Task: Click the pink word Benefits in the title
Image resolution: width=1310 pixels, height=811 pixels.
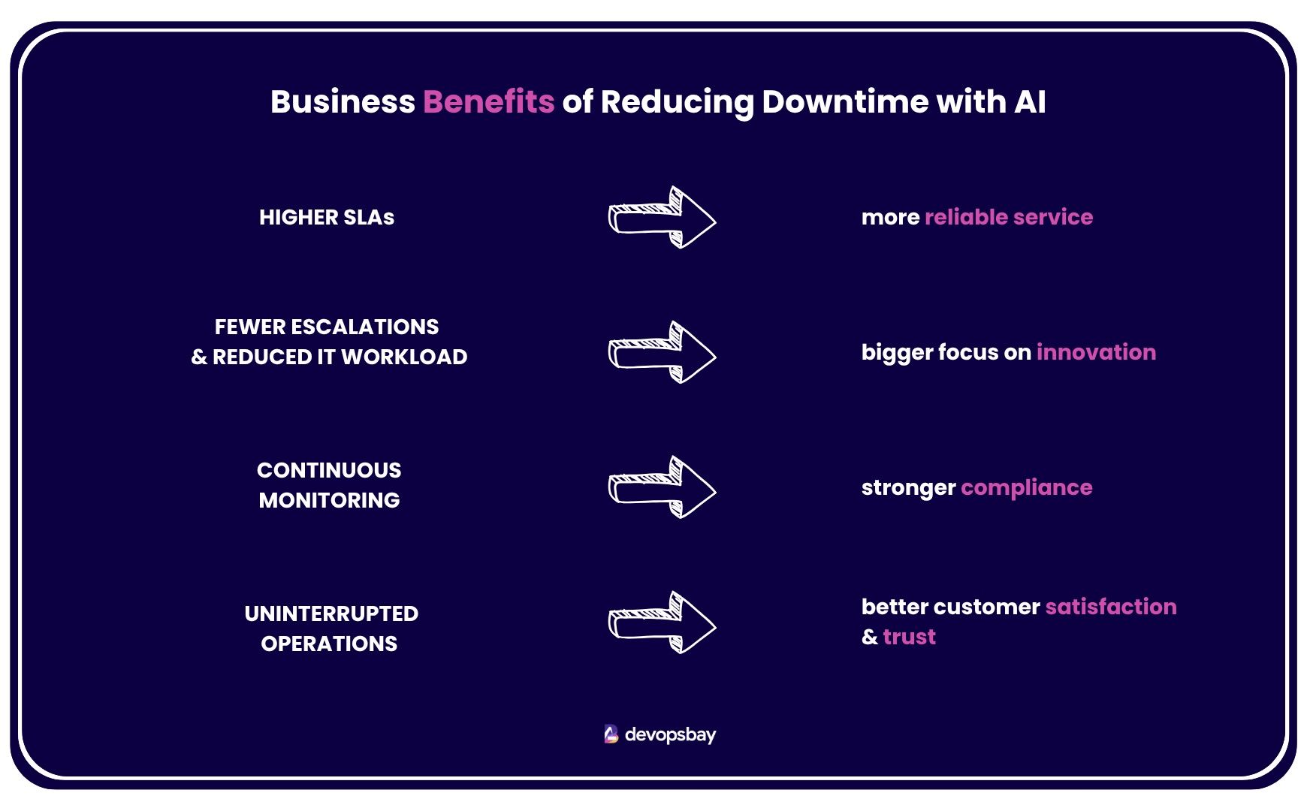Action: pos(488,102)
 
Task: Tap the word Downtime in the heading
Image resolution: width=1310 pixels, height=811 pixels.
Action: pos(844,102)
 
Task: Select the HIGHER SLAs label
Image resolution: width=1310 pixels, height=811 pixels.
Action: pos(327,218)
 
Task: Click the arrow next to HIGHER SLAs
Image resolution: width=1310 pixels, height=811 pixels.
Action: pos(661,218)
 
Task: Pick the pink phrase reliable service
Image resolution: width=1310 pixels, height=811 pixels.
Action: pos(1008,217)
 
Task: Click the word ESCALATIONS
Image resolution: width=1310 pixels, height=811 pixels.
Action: pos(364,327)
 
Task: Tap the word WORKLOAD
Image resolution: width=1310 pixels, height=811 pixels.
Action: pos(404,357)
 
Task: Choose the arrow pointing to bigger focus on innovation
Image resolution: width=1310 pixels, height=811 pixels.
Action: pos(661,353)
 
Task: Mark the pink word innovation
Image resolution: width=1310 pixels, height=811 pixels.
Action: pos(1096,352)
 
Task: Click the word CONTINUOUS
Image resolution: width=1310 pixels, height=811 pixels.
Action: pos(329,471)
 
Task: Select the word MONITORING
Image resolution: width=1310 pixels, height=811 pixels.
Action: pos(329,501)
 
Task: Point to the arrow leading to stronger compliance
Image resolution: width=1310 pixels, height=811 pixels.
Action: pos(661,487)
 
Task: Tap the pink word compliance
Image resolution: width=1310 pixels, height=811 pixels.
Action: pos(1026,488)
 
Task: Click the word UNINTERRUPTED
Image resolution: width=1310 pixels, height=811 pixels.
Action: pos(331,614)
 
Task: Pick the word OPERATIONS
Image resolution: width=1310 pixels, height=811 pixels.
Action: pos(329,644)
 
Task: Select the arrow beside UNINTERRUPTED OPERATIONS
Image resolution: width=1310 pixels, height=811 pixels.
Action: pos(661,623)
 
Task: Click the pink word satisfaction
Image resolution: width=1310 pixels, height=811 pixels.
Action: pos(1110,607)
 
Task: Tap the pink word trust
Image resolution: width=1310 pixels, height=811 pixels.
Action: pos(909,637)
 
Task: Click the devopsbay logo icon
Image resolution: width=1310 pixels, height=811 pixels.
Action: pos(611,734)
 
